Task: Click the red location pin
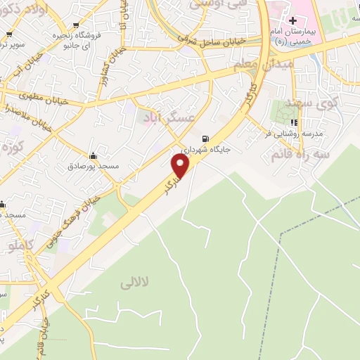181,166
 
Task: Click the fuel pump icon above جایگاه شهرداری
205,139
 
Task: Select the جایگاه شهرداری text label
205,150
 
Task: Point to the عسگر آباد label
168,117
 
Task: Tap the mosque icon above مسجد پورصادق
92,155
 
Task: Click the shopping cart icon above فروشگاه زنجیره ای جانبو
75,26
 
